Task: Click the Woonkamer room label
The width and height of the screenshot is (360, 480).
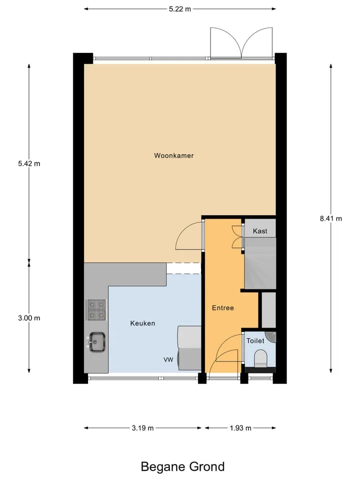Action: point(174,155)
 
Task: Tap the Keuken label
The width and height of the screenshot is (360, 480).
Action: point(142,323)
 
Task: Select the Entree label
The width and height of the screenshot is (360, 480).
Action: point(223,308)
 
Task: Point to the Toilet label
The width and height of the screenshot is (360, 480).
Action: point(255,340)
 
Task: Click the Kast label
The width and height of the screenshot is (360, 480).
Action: point(260,231)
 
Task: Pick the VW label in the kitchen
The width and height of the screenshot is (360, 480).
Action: point(168,359)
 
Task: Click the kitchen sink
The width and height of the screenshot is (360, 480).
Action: point(96,341)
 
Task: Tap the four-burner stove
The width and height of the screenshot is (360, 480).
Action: point(96,310)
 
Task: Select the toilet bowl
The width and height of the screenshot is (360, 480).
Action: point(261,359)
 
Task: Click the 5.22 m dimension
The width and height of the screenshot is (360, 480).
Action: point(180,9)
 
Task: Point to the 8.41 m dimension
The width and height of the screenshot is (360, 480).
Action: point(331,218)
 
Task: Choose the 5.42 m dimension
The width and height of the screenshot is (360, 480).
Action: point(29,163)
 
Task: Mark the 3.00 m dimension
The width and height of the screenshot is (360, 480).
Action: point(29,318)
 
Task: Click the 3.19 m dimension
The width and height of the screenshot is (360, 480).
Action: point(142,428)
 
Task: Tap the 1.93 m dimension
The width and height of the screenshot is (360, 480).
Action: point(240,428)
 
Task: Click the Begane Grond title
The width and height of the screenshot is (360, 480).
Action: point(183,467)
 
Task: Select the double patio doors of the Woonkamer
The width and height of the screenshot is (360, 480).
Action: point(241,43)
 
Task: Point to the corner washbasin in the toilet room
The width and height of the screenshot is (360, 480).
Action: point(271,336)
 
